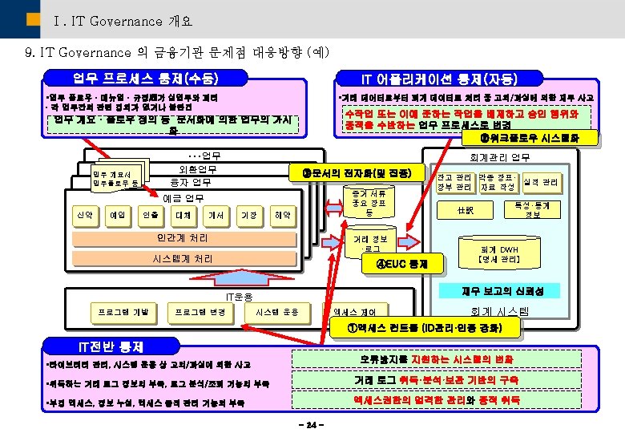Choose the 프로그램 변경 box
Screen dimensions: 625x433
point(200,311)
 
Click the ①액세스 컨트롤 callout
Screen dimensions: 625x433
point(424,328)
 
